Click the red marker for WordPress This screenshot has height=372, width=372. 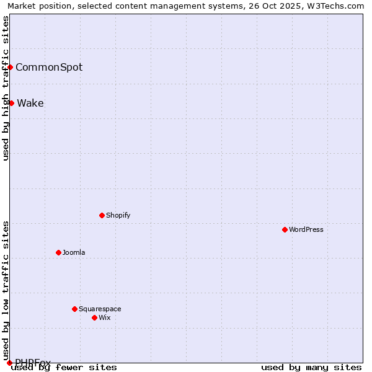coord(285,229)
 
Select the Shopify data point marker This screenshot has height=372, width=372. coord(102,215)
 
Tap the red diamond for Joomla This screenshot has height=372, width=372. coord(58,252)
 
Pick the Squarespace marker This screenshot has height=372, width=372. coord(74,309)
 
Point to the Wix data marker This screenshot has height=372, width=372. coord(94,317)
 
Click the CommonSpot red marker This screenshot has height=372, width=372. coord(11,67)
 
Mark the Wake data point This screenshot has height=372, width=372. coord(11,103)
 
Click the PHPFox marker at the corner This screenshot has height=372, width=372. coord(9,362)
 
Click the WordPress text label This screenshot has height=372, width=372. coord(306,229)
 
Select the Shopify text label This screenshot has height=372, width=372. coord(118,215)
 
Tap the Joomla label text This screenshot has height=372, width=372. coord(74,252)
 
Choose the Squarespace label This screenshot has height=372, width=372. coord(100,309)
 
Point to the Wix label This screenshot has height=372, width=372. coord(104,317)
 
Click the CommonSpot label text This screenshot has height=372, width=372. coord(49,67)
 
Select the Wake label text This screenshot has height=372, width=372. coord(30,103)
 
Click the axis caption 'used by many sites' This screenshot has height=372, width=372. coord(311,367)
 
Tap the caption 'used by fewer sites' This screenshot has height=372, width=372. coord(64,367)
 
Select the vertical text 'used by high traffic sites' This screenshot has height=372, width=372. coord(6,88)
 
